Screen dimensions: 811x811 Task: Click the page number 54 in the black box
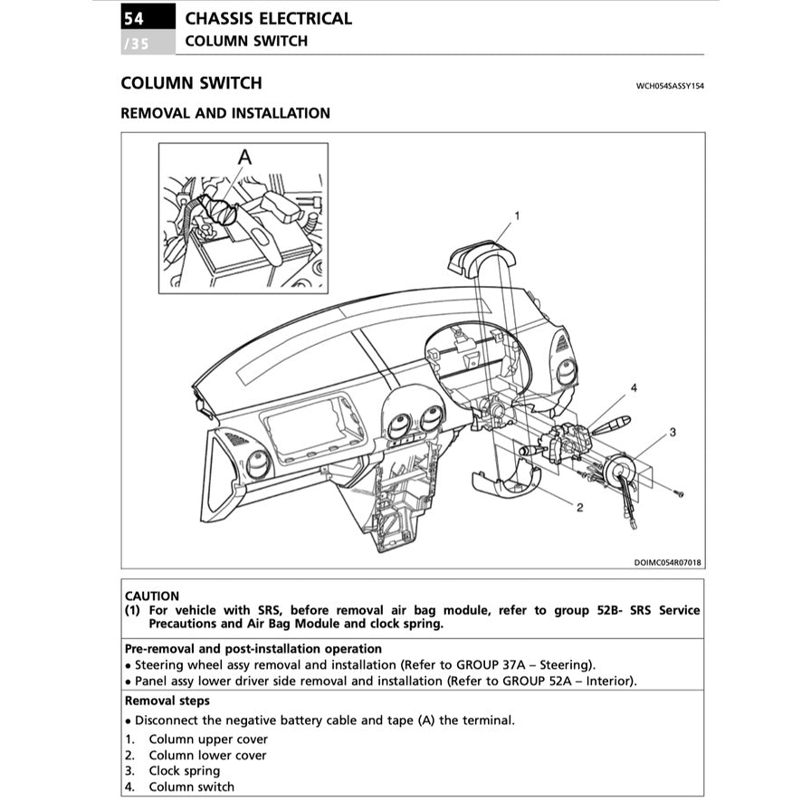point(133,17)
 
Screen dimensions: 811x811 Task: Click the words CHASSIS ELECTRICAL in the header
point(268,18)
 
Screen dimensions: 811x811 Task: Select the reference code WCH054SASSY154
point(670,86)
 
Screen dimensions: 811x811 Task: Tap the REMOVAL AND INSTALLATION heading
point(225,113)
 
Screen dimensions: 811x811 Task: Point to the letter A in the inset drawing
point(243,157)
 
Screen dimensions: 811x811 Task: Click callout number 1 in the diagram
point(517,215)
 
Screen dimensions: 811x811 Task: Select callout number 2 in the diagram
point(579,508)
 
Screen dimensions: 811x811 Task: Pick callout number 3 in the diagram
point(673,433)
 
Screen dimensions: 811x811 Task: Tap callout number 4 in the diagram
point(634,387)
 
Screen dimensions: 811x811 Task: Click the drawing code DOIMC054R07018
point(667,562)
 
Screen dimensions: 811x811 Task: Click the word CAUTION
point(152,596)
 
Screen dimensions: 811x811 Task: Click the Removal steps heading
point(167,701)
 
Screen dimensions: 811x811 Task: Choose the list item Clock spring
point(184,771)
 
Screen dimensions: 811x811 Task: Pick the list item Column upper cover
point(208,739)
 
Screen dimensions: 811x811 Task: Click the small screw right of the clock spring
point(680,493)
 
